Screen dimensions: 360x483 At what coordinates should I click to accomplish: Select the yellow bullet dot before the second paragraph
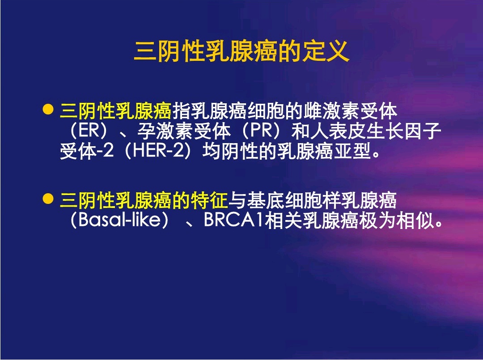48,199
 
